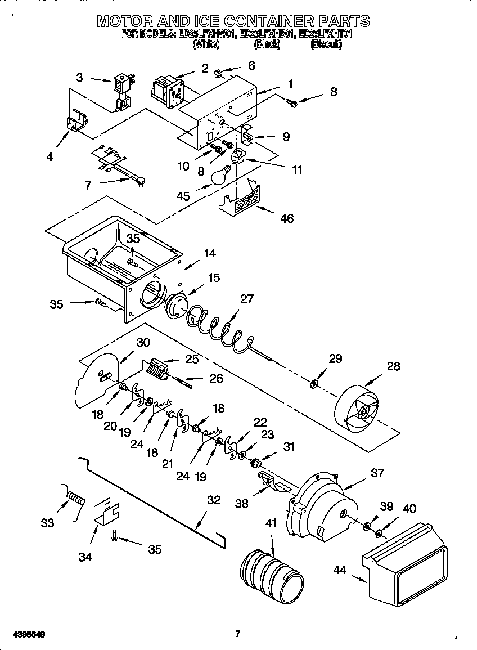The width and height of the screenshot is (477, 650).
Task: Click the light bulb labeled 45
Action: coord(220,176)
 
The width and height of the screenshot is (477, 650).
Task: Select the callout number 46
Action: coord(287,218)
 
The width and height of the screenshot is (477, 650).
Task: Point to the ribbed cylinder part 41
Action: coord(271,574)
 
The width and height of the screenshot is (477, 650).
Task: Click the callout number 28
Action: coord(393,366)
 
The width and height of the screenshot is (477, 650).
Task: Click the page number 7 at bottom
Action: coord(237,634)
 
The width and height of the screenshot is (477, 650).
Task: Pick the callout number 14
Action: coord(210,253)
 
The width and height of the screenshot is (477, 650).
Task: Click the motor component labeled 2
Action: coord(168,88)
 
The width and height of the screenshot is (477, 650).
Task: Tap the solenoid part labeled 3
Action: coord(121,90)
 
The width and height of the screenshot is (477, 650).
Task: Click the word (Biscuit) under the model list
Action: coord(326,44)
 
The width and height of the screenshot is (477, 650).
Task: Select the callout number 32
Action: coord(214,500)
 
